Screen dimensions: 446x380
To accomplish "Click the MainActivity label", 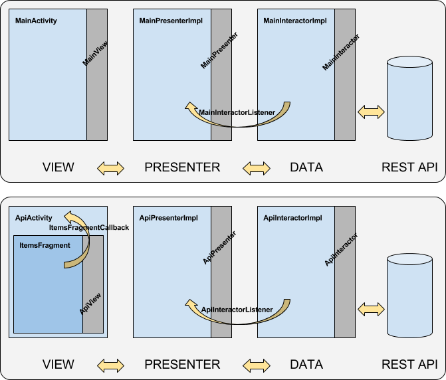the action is pyautogui.click(x=36, y=21).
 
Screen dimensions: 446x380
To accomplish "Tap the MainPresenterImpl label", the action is pyautogui.click(x=171, y=21).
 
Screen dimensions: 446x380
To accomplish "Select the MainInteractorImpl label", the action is pyautogui.click(x=295, y=21).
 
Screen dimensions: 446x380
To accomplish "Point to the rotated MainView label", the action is pyautogui.click(x=95, y=53).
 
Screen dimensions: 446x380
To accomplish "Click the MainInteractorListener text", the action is pyautogui.click(x=237, y=112).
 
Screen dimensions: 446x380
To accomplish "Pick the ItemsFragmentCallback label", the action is pyautogui.click(x=89, y=228).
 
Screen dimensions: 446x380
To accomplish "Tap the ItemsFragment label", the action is pyautogui.click(x=45, y=245).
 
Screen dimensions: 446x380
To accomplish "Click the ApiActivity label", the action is pyautogui.click(x=33, y=218).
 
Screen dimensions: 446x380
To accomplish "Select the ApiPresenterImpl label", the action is pyautogui.click(x=168, y=218).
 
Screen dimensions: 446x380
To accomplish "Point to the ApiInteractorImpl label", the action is pyautogui.click(x=292, y=218).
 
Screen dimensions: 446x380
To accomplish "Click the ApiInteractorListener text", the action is pyautogui.click(x=237, y=310).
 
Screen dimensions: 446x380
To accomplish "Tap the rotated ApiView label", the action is pyautogui.click(x=90, y=304).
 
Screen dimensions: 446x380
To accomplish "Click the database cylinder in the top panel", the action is pyautogui.click(x=409, y=98).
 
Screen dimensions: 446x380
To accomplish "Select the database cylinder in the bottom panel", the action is pyautogui.click(x=409, y=296).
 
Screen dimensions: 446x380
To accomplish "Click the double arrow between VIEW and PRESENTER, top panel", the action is pyautogui.click(x=110, y=168).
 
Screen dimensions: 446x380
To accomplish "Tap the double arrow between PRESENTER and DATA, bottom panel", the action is pyautogui.click(x=257, y=365).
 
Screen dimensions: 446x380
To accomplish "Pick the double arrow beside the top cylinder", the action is pyautogui.click(x=371, y=112).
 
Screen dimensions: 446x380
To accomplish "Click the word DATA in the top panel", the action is pyautogui.click(x=306, y=167).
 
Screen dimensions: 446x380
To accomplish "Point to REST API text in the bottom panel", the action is pyautogui.click(x=409, y=364).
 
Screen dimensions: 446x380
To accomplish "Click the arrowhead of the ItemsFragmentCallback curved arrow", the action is pyautogui.click(x=69, y=216).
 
